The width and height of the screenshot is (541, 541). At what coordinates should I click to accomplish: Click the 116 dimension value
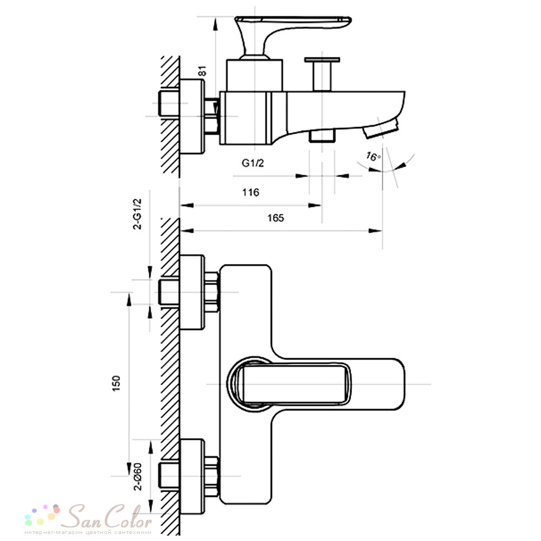click(250, 192)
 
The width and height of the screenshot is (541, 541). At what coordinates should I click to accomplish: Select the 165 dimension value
click(276, 218)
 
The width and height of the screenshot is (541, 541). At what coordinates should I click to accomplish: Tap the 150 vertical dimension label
click(116, 384)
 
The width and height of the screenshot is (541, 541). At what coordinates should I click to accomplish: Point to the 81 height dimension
click(202, 71)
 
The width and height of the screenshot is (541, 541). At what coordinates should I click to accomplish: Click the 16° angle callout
click(373, 156)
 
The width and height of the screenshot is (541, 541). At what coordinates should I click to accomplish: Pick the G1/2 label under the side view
click(253, 163)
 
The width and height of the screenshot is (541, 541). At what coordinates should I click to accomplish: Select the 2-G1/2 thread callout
click(137, 214)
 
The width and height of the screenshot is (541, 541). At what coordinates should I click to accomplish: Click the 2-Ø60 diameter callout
click(137, 476)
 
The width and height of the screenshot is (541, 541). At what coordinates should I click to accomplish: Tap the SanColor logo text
click(110, 516)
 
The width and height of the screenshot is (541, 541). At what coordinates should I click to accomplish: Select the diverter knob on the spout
click(322, 74)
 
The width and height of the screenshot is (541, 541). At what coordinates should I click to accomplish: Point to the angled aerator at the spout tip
click(381, 128)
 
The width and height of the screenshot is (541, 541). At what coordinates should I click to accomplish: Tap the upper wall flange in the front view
click(192, 292)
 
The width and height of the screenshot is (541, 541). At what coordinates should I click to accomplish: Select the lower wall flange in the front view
click(192, 476)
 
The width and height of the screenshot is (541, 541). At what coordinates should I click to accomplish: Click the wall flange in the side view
click(192, 116)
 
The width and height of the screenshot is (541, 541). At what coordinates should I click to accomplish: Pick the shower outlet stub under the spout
click(322, 136)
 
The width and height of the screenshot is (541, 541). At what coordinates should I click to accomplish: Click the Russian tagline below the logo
click(88, 532)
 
